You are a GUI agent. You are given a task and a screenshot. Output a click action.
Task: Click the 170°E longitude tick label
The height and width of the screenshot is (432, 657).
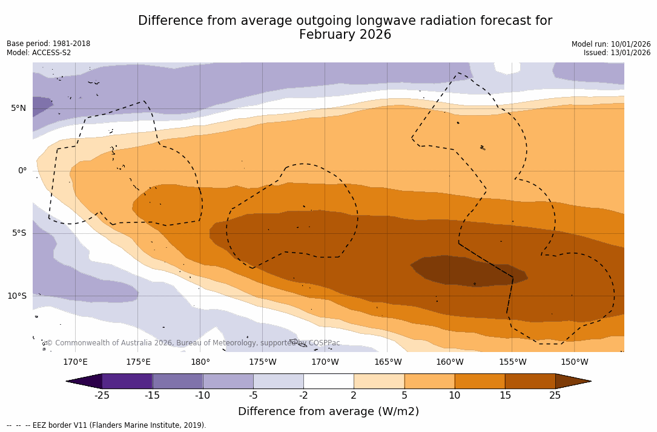click(75, 362)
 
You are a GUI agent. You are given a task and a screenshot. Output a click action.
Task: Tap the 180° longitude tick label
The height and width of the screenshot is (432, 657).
click(200, 362)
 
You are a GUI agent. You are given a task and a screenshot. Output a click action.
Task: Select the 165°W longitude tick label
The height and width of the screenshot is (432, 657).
click(388, 362)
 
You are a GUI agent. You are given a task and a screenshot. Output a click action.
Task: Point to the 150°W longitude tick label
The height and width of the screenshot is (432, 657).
click(574, 362)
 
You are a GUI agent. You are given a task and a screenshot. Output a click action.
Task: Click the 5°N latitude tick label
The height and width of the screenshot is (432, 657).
click(18, 108)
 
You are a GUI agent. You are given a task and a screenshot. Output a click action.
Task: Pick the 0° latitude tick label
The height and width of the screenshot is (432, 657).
click(22, 171)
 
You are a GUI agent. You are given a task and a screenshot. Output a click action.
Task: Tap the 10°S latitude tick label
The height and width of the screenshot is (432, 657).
click(16, 296)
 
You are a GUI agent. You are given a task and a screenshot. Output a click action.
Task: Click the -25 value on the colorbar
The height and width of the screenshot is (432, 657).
click(102, 396)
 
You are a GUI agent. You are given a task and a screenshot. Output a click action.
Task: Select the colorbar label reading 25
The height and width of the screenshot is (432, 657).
click(555, 396)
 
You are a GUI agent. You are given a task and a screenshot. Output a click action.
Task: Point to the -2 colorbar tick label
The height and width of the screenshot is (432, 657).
click(303, 396)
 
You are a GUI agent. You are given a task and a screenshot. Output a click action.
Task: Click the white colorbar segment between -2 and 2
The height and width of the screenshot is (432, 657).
click(328, 381)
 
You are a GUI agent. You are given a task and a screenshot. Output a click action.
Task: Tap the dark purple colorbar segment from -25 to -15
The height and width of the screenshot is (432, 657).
click(127, 381)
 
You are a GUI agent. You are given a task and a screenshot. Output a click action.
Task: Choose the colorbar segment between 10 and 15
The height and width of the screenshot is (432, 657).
click(479, 381)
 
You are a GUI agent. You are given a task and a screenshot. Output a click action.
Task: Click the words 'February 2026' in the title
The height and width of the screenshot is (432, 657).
click(345, 35)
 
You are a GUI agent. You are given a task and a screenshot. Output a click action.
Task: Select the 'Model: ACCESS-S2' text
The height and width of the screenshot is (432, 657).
click(39, 53)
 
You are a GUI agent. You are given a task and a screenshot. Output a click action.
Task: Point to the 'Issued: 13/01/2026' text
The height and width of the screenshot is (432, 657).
click(617, 53)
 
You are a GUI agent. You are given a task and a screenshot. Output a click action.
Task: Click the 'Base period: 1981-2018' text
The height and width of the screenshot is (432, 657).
click(48, 44)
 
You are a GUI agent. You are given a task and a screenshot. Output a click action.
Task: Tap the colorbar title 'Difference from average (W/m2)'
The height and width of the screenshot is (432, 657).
click(328, 411)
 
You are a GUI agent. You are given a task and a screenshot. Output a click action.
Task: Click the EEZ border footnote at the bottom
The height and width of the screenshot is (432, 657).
click(107, 425)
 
